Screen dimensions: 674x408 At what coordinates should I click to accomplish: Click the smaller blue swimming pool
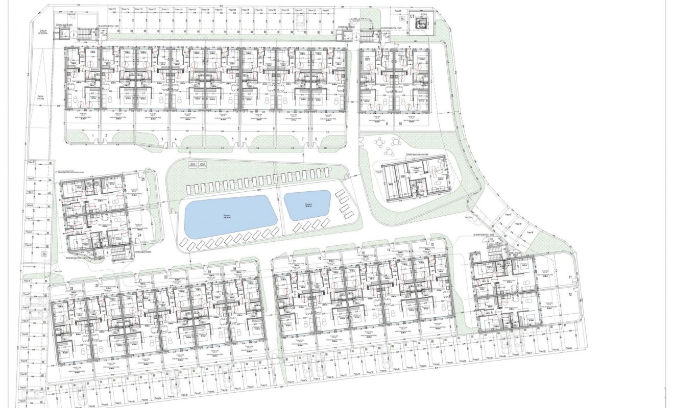[307, 205]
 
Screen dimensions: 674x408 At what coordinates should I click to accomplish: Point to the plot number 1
[92, 136]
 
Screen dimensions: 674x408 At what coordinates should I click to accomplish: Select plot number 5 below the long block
[232, 139]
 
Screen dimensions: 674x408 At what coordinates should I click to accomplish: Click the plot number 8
[316, 139]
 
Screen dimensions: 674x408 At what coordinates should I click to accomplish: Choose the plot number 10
[400, 123]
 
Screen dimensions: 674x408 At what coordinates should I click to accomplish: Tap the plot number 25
[143, 180]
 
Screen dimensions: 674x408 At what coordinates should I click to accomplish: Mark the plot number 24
[139, 235]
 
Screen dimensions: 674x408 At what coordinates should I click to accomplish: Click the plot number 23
[72, 289]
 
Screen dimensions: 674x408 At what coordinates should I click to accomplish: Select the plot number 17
[295, 262]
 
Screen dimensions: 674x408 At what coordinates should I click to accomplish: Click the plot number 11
[570, 277]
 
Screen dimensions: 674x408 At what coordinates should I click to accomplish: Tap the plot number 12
[570, 294]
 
